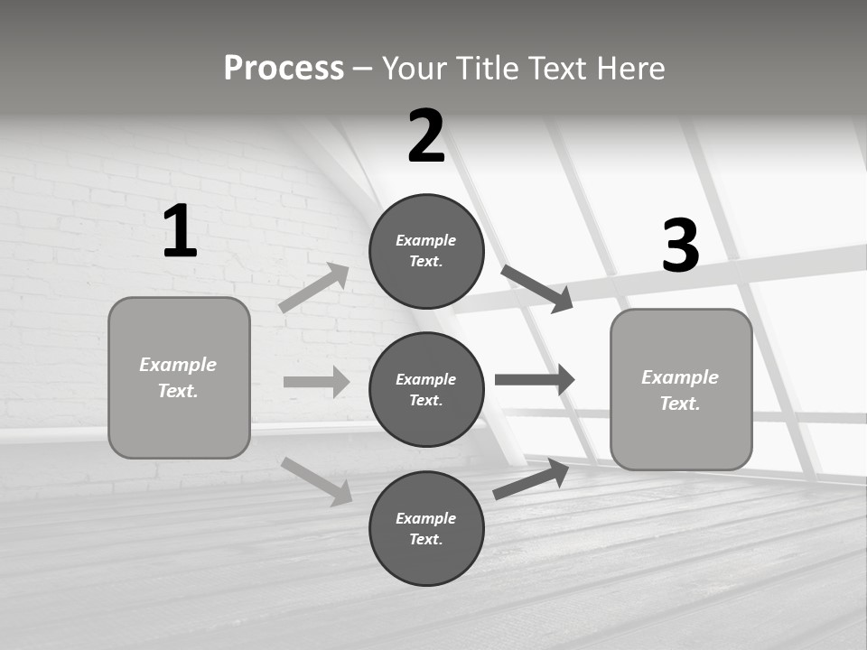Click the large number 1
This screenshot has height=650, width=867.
click(180, 232)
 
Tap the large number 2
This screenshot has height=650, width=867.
click(426, 137)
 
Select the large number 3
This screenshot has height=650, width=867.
click(680, 246)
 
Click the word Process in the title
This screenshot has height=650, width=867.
click(284, 68)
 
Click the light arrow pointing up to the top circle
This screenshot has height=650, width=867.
click(314, 288)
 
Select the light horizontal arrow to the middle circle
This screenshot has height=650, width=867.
click(316, 382)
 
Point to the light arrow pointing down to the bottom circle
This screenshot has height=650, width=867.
click(317, 481)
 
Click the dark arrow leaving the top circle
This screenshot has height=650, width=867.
click(536, 288)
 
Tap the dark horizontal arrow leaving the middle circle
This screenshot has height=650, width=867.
click(535, 379)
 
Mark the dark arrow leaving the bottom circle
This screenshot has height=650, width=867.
click(531, 479)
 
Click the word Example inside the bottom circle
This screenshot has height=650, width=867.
click(426, 518)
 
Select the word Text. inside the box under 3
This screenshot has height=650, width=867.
click(680, 404)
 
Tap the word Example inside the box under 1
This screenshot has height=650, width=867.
click(178, 365)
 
